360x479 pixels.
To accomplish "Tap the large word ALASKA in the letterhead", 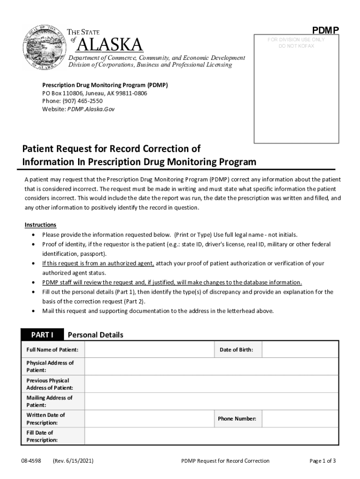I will pyautogui.click(x=109, y=45).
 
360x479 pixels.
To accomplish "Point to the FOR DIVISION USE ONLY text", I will pyautogui.click(x=296, y=40).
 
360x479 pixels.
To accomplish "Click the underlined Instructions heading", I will pyautogui.click(x=40, y=225).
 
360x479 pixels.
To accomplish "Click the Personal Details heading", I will pyautogui.click(x=95, y=335).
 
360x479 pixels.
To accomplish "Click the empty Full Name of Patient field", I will pyautogui.click(x=148, y=349).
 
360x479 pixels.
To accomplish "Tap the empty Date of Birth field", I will pyautogui.click(x=299, y=349).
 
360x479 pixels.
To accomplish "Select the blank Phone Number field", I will pyautogui.click(x=299, y=419).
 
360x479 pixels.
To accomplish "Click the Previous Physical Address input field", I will pyautogui.click(x=211, y=384).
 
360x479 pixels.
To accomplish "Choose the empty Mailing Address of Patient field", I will pyautogui.click(x=211, y=401).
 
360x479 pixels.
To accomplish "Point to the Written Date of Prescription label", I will pyautogui.click(x=45, y=419).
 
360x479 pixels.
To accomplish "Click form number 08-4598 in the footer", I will pyautogui.click(x=31, y=461).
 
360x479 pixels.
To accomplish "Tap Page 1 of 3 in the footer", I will pyautogui.click(x=323, y=461).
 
